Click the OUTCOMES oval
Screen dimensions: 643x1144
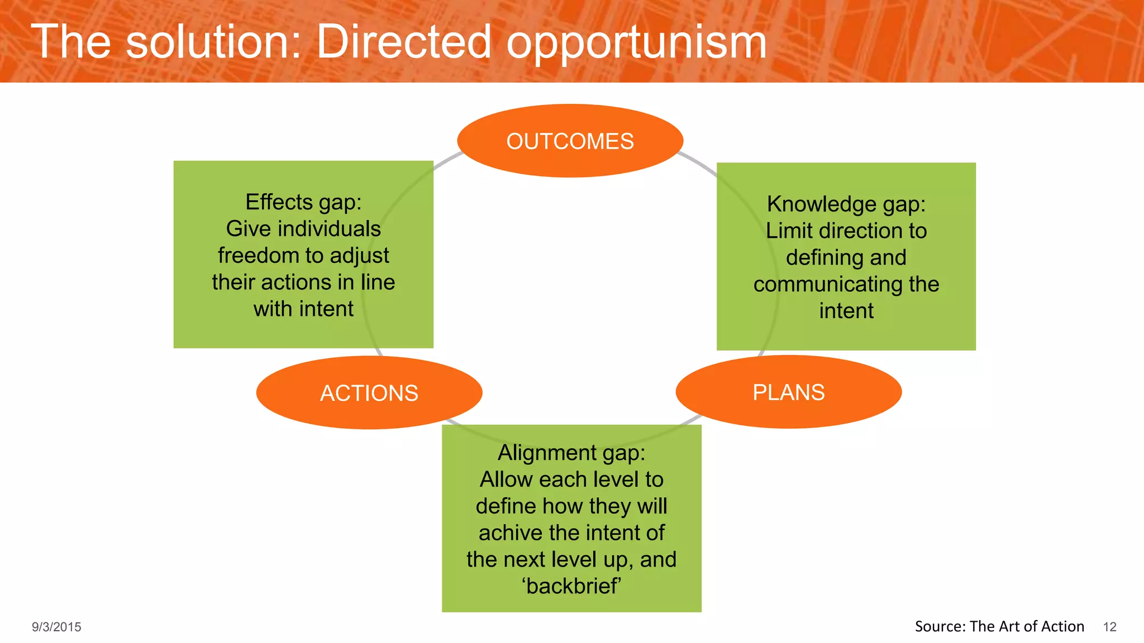(x=570, y=141)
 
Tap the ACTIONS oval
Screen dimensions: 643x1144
(x=369, y=393)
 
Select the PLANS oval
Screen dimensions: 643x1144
(x=788, y=392)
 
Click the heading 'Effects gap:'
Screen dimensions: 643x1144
(x=303, y=202)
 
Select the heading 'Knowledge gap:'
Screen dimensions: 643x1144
(x=846, y=204)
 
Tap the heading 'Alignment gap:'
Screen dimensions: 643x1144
(x=571, y=453)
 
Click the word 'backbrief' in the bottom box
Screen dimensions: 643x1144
(x=571, y=586)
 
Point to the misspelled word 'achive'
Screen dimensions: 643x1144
(x=510, y=533)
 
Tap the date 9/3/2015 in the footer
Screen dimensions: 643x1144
(x=56, y=627)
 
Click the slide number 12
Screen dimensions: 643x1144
(x=1109, y=627)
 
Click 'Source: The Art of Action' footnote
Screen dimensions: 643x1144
(x=999, y=626)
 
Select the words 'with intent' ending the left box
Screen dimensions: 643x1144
(x=303, y=309)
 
